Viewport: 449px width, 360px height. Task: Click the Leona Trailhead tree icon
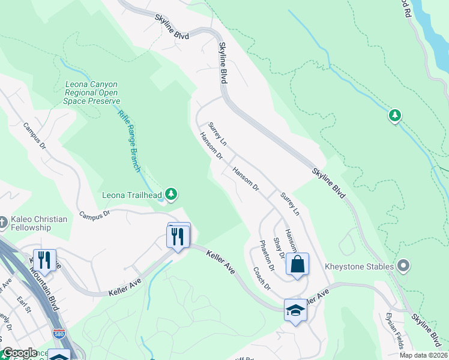click(x=172, y=194)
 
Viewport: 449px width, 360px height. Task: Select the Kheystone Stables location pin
click(x=403, y=265)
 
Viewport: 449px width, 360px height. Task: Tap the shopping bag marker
click(x=297, y=264)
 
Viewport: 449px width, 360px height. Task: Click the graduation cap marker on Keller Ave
click(x=295, y=310)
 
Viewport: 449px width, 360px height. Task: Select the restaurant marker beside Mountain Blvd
click(x=44, y=260)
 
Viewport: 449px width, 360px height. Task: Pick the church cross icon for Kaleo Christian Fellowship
click(x=3, y=223)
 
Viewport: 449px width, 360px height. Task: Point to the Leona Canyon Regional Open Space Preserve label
click(x=92, y=93)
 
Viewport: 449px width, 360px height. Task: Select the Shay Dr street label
click(x=279, y=248)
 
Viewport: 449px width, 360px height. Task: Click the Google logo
click(x=20, y=353)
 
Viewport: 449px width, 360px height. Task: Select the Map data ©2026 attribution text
click(x=423, y=355)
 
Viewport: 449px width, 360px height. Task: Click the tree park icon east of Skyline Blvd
click(x=394, y=115)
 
